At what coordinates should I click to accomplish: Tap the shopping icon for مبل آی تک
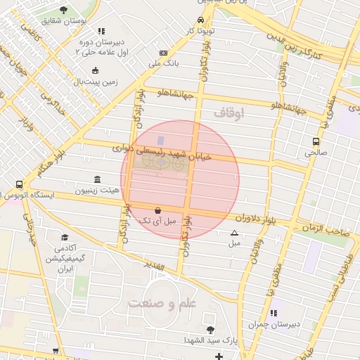[x=157, y=210]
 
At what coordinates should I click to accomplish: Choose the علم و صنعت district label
[x=161, y=304]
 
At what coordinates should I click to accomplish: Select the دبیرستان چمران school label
[x=274, y=324]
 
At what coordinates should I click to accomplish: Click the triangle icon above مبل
[x=234, y=233]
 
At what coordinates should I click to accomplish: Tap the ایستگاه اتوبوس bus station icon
[x=18, y=184]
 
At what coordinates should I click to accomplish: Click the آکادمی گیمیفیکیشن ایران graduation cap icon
[x=65, y=238]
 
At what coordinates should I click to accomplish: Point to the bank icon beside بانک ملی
[x=163, y=53]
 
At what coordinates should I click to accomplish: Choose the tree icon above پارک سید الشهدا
[x=210, y=329]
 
